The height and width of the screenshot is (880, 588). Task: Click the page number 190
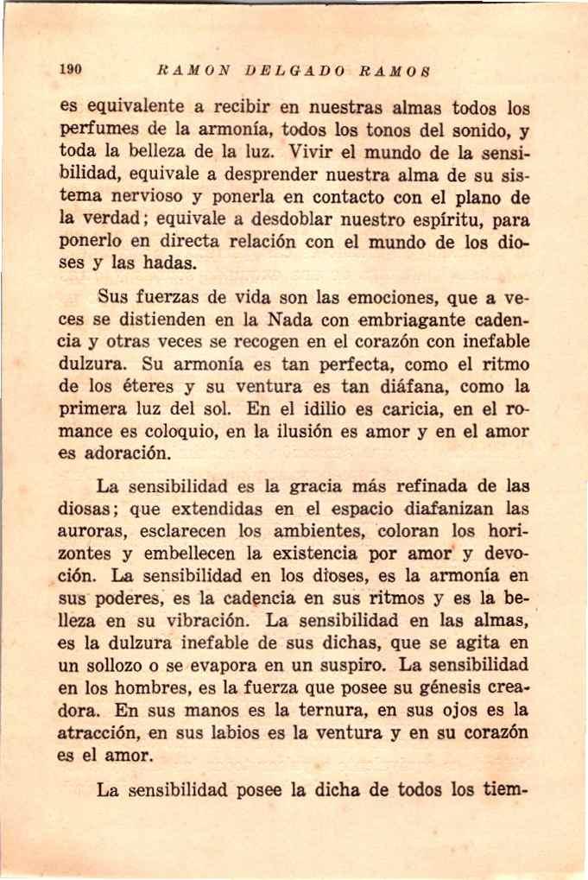(x=70, y=70)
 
